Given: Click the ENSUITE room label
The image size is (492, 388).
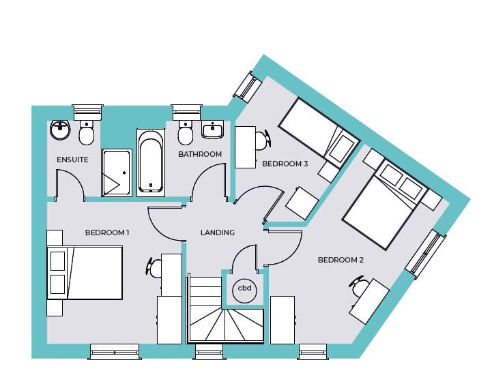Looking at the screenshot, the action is click(x=72, y=160).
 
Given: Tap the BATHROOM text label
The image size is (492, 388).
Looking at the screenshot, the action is click(x=200, y=154).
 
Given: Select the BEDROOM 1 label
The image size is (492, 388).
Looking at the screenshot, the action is click(x=107, y=233).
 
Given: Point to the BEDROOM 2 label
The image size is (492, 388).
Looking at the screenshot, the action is click(x=341, y=260).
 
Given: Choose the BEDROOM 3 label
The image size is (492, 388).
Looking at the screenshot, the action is click(x=285, y=164).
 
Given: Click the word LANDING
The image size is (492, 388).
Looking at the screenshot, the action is click(x=218, y=233).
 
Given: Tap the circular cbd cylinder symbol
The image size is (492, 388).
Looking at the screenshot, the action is click(x=244, y=290).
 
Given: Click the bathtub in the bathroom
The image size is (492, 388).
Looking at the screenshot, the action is click(x=151, y=162).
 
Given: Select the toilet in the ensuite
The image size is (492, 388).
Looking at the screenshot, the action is click(x=86, y=133).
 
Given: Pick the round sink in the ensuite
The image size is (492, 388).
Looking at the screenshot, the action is click(x=60, y=130).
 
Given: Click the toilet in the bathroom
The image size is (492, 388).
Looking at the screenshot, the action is click(x=185, y=133).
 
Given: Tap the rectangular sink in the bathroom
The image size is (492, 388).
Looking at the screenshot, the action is click(x=213, y=130).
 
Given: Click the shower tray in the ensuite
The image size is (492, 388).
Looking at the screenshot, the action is click(x=117, y=173).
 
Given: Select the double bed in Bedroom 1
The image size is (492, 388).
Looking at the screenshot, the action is click(x=85, y=273).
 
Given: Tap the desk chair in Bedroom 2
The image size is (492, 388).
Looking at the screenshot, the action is click(x=358, y=286).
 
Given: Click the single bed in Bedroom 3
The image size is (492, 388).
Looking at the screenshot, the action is click(x=319, y=133).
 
